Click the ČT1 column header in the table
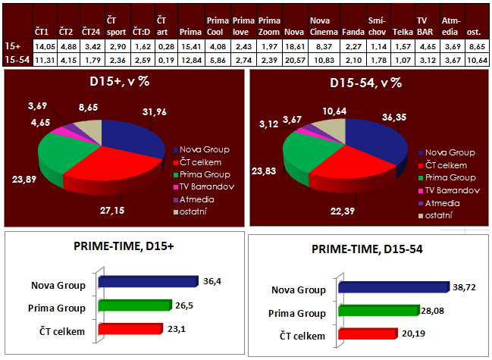pyautogui.click(x=42, y=33)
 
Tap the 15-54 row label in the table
pyautogui.click(x=16, y=58)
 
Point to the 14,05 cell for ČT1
pyautogui.click(x=42, y=46)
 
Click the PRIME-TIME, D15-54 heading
pyautogui.click(x=366, y=249)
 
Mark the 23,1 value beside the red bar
pyautogui.click(x=176, y=327)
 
